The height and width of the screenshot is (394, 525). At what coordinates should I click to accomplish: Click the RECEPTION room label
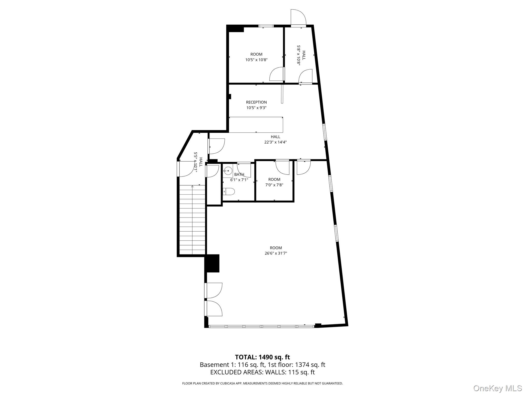(256, 102)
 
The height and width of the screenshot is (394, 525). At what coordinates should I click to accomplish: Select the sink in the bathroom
(228, 170)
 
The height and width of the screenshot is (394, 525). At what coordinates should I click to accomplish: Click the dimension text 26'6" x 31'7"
(276, 253)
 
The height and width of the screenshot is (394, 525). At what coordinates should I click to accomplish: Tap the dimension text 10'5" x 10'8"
(256, 60)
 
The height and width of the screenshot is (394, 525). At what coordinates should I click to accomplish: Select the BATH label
(239, 174)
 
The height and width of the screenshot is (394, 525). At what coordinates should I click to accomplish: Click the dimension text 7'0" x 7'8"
(274, 185)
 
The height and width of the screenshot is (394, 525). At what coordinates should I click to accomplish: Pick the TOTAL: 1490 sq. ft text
(262, 357)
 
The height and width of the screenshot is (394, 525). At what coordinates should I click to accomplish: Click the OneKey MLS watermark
(497, 388)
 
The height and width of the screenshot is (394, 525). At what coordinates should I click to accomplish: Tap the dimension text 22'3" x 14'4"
(275, 142)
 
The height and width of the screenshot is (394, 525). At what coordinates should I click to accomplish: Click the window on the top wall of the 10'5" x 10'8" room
(266, 26)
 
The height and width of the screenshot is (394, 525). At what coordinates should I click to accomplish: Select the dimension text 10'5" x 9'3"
(256, 108)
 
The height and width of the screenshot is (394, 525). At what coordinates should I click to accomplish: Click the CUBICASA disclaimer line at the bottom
(262, 383)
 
